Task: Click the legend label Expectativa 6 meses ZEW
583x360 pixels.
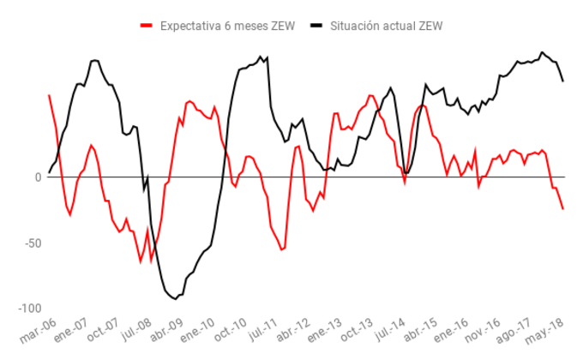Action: (x=227, y=26)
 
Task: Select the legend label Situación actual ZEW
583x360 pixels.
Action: (x=388, y=26)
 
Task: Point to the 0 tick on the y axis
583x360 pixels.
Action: (x=38, y=177)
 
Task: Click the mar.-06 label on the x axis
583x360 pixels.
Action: (x=38, y=332)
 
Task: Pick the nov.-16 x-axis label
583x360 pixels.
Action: (x=484, y=332)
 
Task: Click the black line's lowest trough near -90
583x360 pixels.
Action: (x=175, y=298)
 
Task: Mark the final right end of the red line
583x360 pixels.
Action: (x=563, y=209)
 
